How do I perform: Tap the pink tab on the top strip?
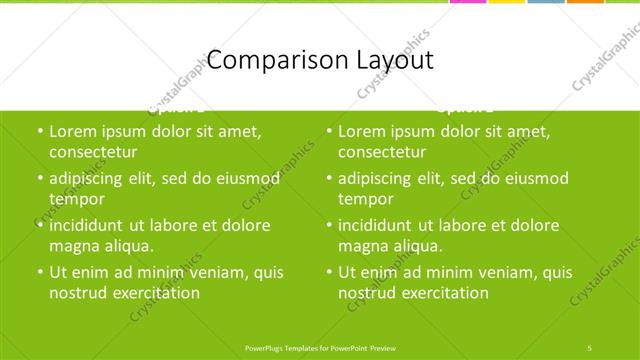[467, 2]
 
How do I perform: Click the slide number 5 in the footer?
[591, 347]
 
